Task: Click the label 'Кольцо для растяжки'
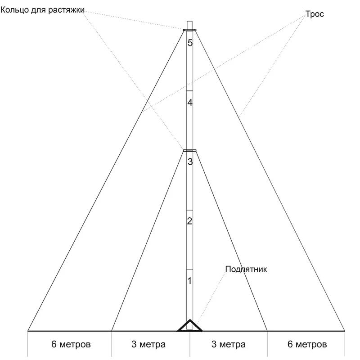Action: (42, 9)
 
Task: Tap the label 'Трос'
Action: (315, 14)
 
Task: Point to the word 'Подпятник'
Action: (246, 270)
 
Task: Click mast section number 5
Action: (190, 43)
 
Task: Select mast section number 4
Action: (190, 103)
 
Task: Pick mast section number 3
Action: (190, 162)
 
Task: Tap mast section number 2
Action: (190, 221)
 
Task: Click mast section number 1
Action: (190, 281)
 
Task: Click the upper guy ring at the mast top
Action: (190, 30)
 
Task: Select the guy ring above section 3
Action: (190, 150)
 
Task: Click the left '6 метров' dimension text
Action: (71, 345)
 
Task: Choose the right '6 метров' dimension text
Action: (307, 345)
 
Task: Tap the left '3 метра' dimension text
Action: (148, 345)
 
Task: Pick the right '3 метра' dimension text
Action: (229, 345)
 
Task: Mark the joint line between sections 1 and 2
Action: (190, 269)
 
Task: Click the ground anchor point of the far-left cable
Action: (28, 331)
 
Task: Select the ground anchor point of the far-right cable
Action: (345, 331)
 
